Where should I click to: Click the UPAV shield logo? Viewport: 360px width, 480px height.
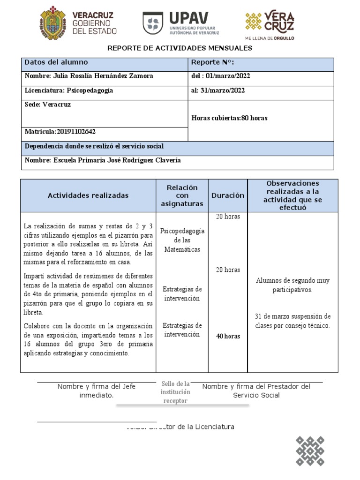153,23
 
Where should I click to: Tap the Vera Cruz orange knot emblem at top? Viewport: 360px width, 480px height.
254,22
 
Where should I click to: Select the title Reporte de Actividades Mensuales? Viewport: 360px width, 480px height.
180,48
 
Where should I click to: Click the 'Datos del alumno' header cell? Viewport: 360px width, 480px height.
56,62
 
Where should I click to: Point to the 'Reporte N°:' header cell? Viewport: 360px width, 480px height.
213,62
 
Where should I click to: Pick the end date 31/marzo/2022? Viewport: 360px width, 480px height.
224,90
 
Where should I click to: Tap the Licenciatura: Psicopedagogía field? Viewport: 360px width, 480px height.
69,90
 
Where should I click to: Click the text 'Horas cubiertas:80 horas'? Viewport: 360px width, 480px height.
230,118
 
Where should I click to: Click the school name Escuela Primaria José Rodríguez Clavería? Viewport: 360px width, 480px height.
103,160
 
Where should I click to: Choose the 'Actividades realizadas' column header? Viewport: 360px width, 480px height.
88,195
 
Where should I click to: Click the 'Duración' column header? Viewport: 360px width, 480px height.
228,195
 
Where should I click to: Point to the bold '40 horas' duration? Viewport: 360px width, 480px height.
228,336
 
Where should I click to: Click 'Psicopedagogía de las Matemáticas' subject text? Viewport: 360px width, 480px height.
182,240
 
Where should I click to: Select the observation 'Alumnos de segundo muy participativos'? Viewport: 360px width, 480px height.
292,285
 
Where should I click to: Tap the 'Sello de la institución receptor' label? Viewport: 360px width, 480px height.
176,392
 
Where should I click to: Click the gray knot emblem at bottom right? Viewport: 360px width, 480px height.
310,451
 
